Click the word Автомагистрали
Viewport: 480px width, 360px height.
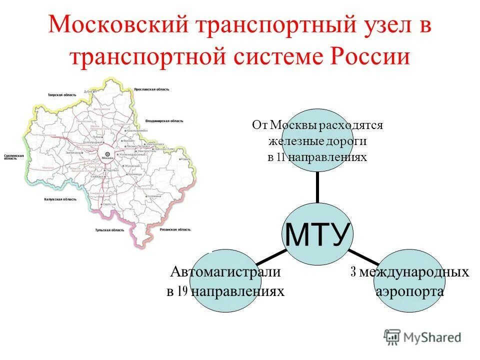[x=225, y=272]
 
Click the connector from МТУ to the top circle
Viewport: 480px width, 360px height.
[x=318, y=187]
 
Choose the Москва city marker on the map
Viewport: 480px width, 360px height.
[x=106, y=154]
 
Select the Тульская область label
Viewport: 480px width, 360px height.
[x=109, y=230]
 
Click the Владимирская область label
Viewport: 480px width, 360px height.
[x=164, y=120]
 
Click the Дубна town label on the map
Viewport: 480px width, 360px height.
[x=88, y=91]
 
